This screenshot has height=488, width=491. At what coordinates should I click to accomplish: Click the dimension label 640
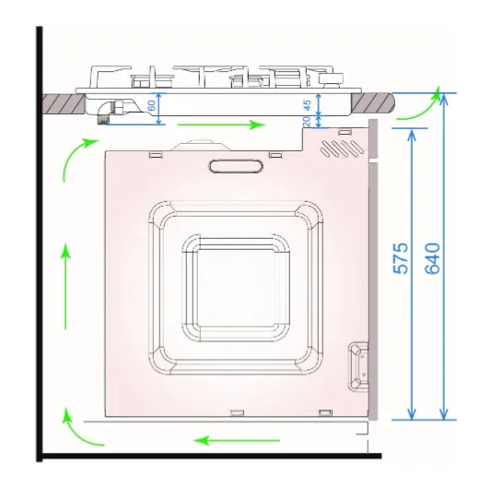pyautogui.click(x=432, y=258)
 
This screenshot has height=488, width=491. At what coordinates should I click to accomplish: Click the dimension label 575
pyautogui.click(x=401, y=258)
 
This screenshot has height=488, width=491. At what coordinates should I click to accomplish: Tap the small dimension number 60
pyautogui.click(x=152, y=106)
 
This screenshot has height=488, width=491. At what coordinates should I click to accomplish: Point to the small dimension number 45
pyautogui.click(x=307, y=105)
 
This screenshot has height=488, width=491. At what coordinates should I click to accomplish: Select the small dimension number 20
pyautogui.click(x=307, y=121)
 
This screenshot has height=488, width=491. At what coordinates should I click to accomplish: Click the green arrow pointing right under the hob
pyautogui.click(x=221, y=125)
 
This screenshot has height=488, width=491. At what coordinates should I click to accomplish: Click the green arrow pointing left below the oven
pyautogui.click(x=237, y=441)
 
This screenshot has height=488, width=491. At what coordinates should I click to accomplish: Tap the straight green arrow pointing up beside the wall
pyautogui.click(x=65, y=286)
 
